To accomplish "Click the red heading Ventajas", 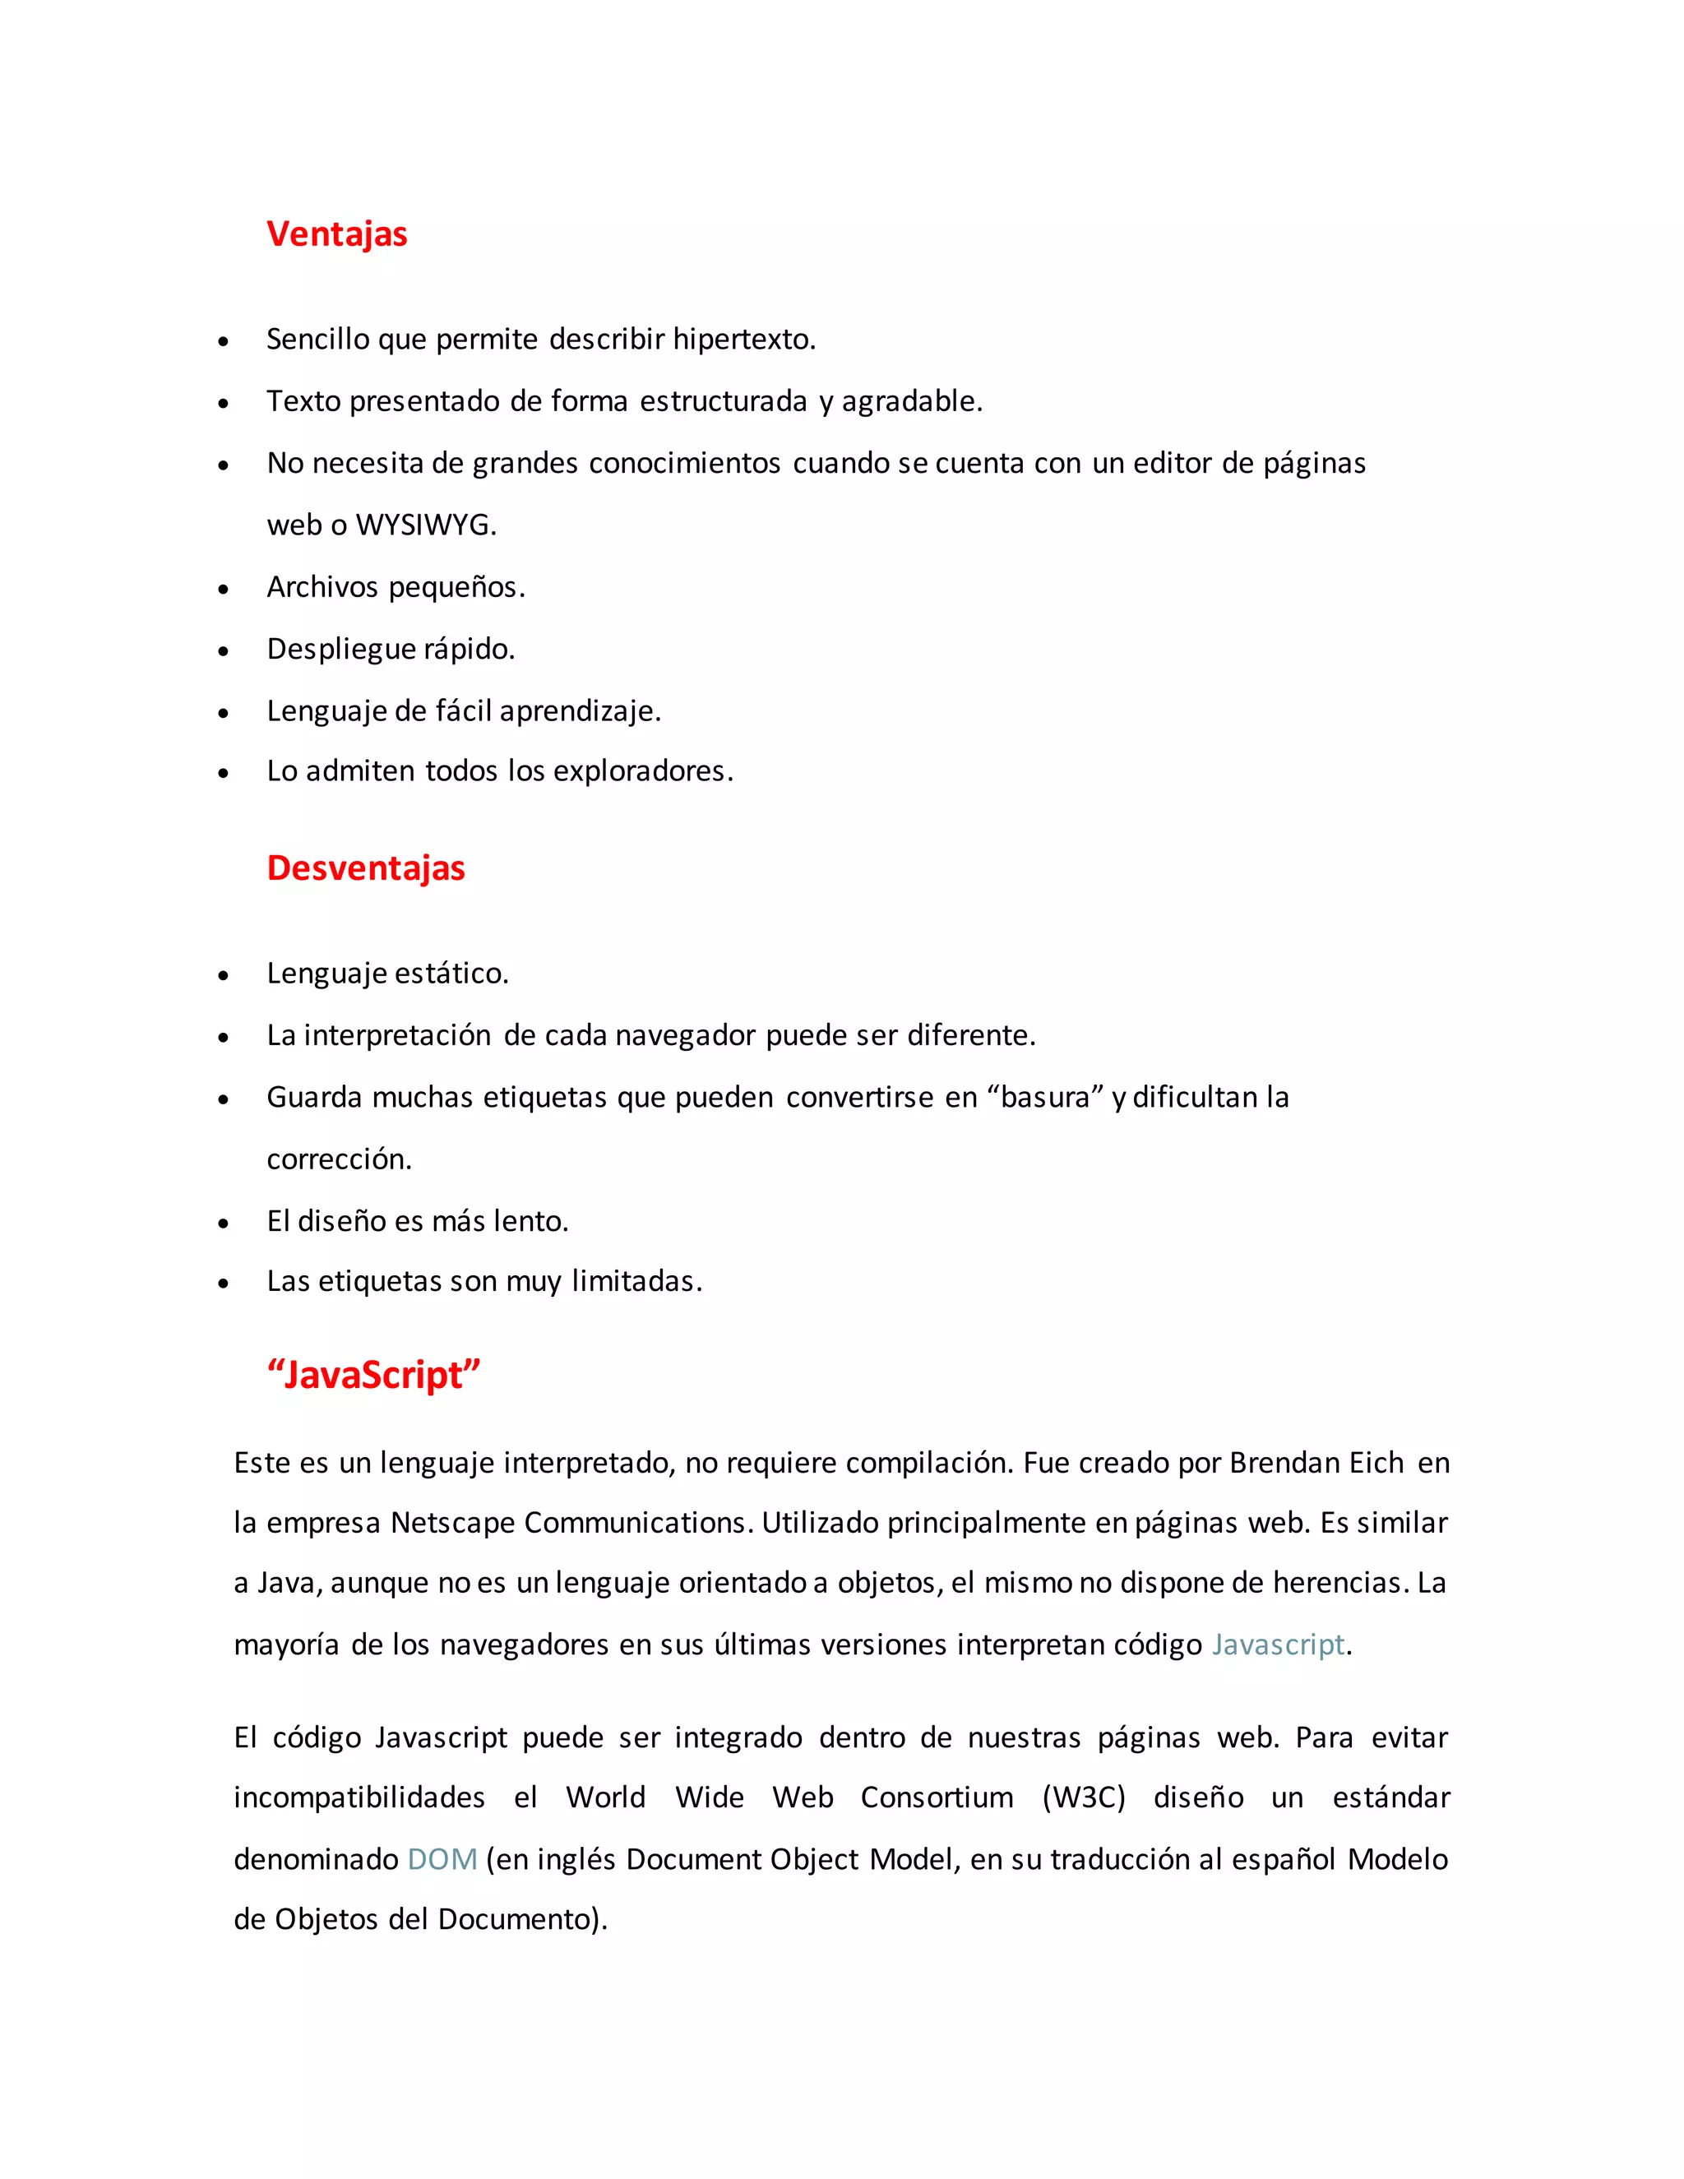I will click(336, 234).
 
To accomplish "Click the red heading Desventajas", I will click(365, 868).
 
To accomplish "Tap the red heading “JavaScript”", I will click(373, 1375).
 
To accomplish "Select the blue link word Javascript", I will click(1278, 1645).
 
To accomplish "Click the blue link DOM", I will click(442, 1859).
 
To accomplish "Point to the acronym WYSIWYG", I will click(425, 525).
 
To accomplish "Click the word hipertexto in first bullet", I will click(743, 340).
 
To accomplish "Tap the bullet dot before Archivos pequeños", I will click(224, 590).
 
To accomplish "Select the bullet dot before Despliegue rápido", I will click(224, 651).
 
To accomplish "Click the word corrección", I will click(338, 1159).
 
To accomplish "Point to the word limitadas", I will click(636, 1281).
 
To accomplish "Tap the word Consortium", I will click(936, 1797).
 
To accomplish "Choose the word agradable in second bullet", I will click(912, 401).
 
